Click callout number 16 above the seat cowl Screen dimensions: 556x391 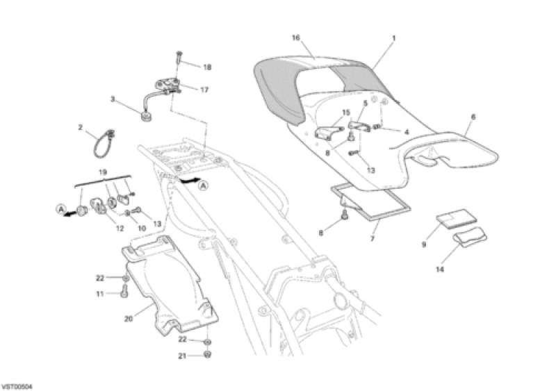click(x=296, y=38)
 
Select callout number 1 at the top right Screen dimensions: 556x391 click(x=393, y=38)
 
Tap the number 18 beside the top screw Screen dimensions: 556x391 click(x=207, y=67)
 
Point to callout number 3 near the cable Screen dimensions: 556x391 click(x=113, y=99)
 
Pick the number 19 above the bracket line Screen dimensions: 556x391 click(x=102, y=173)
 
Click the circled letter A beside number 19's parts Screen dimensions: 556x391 click(x=60, y=209)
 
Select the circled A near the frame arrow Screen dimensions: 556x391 click(x=203, y=185)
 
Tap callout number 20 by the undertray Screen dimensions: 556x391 click(x=129, y=319)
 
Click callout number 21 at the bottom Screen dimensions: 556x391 click(x=182, y=356)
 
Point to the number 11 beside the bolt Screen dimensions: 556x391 click(x=99, y=294)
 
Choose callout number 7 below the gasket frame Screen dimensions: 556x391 click(x=373, y=239)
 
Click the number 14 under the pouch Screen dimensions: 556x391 click(x=440, y=269)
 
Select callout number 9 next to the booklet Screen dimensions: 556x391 click(x=424, y=244)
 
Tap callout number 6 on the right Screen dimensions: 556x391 click(x=473, y=117)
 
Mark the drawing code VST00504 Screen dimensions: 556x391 click(x=17, y=386)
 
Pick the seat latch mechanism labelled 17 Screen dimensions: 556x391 click(x=168, y=86)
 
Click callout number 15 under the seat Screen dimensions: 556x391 click(x=345, y=113)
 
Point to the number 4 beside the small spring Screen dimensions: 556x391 click(x=407, y=132)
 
